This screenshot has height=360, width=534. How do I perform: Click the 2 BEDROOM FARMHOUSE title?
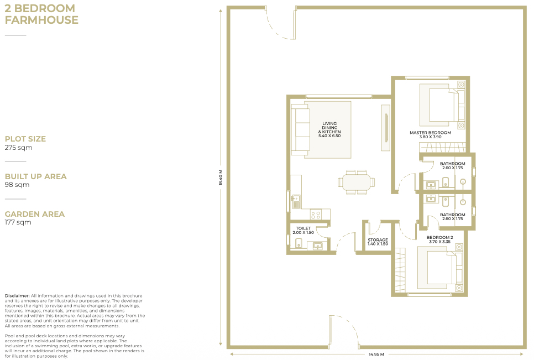coord(41,14)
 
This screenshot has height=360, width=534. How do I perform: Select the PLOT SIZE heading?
coord(25,139)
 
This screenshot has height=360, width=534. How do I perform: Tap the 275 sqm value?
coord(18,148)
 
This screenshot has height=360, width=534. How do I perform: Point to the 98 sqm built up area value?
coord(17,185)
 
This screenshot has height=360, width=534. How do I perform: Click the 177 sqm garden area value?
coord(18,222)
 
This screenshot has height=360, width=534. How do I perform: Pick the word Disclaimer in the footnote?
coord(17,296)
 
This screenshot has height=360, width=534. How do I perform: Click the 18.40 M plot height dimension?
coord(221,178)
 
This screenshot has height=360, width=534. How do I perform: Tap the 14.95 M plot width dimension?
coord(376,354)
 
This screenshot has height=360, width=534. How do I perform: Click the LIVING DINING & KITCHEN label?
coord(329,129)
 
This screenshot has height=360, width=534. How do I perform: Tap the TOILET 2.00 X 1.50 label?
coord(303,230)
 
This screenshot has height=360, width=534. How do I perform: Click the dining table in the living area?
coord(356,182)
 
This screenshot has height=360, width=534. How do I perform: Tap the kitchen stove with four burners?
coord(315,215)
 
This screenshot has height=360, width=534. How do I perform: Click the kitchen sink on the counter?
coord(296,201)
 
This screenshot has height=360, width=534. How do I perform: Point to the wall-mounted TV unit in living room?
coord(386,127)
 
